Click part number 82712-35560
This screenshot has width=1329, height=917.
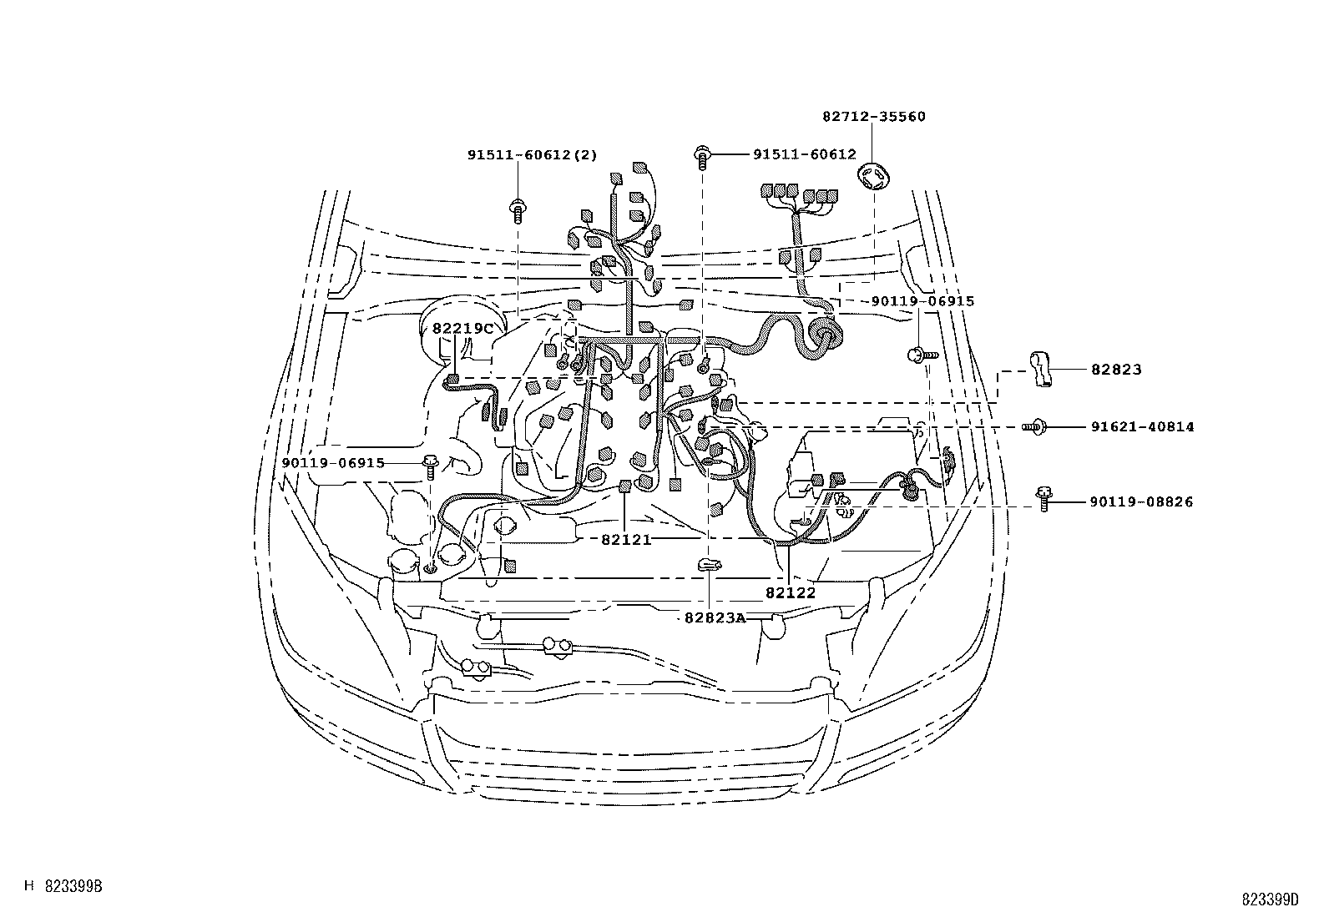pos(873,117)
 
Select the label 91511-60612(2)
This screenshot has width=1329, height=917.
pos(532,155)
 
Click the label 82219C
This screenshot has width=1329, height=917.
pos(463,329)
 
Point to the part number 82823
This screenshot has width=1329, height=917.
pos(1115,369)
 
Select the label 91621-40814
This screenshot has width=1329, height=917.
pos(1141,427)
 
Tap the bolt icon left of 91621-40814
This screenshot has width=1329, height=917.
pos(1034,427)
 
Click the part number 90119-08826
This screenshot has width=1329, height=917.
pos(1140,502)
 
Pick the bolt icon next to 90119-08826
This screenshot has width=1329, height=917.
pos(1043,499)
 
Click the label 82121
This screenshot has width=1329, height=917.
pos(625,540)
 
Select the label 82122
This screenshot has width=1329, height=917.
pos(790,593)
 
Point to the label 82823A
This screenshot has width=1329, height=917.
pos(715,617)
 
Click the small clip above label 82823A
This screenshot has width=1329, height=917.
pos(708,567)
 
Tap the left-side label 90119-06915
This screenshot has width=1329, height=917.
pos(333,462)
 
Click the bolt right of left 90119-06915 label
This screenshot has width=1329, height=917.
pos(431,463)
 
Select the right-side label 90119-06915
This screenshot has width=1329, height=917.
pos(922,302)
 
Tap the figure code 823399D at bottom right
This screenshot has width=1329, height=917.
pos(1270,899)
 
